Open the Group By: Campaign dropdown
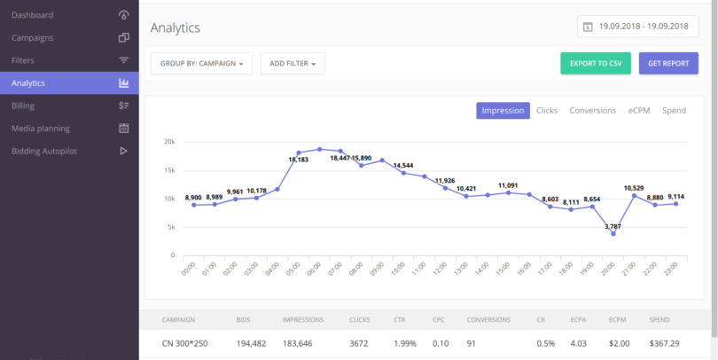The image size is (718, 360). click(202, 64)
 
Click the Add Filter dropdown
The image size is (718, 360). click(293, 64)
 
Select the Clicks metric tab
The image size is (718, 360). click(547, 111)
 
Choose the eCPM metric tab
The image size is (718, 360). click(639, 111)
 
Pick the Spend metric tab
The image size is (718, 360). click(674, 111)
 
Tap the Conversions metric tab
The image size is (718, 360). click(592, 111)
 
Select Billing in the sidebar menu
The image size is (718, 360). click(23, 106)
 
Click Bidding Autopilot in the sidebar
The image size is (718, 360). click(44, 151)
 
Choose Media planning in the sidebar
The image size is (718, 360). click(41, 129)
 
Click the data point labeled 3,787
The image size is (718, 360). click(613, 234)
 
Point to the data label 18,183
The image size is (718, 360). click(299, 160)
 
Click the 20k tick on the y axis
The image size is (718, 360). click(168, 142)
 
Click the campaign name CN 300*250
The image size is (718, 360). click(184, 341)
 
